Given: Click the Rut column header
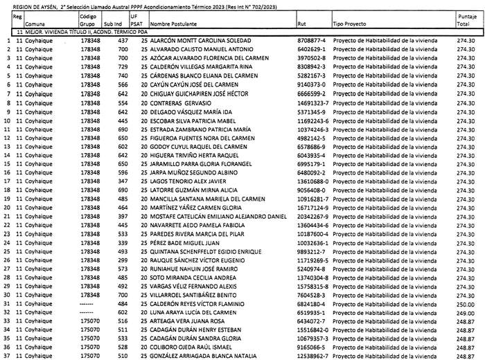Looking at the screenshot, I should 301,24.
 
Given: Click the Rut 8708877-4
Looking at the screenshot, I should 311,42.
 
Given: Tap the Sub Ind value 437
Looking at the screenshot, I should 124,42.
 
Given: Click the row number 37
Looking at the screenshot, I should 7,355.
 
